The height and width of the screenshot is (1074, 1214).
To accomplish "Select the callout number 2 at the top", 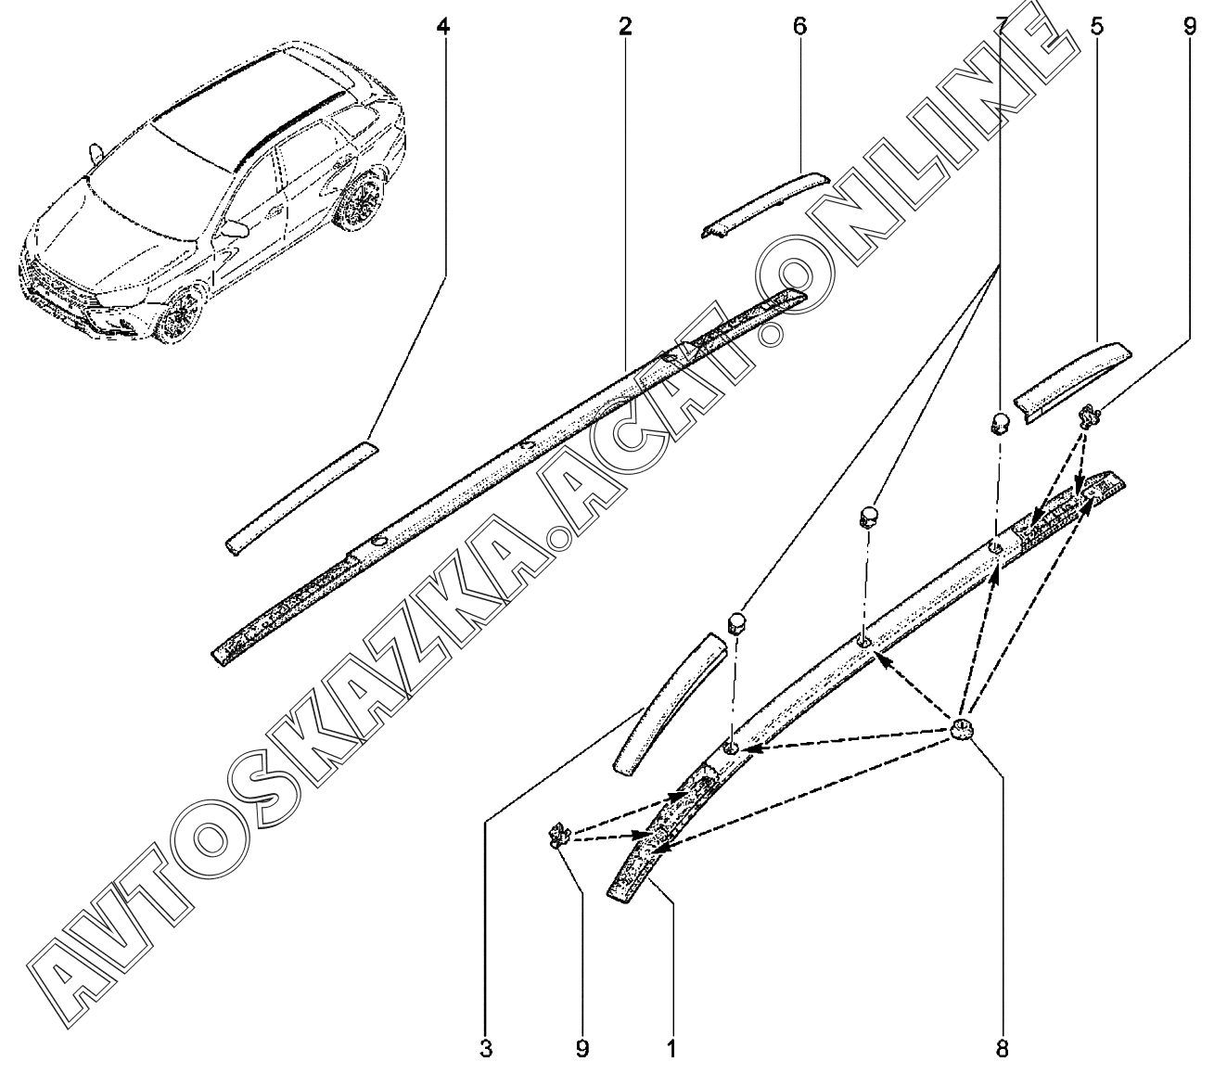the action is pyautogui.click(x=625, y=27).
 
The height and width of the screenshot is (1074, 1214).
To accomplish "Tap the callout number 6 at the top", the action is pyautogui.click(x=800, y=27).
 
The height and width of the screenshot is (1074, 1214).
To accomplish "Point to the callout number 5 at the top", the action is pyautogui.click(x=1097, y=27).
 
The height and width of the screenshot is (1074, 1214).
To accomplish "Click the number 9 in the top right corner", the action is pyautogui.click(x=1190, y=27).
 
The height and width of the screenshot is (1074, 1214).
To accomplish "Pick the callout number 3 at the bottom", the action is pyautogui.click(x=486, y=1048).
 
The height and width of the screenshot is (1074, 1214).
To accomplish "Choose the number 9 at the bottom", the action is pyautogui.click(x=581, y=1048).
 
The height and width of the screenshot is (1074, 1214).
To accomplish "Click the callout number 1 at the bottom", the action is pyautogui.click(x=671, y=1048).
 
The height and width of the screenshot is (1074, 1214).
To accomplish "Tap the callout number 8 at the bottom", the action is pyautogui.click(x=1003, y=1048).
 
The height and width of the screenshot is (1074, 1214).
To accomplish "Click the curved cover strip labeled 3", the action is pyautogui.click(x=668, y=704).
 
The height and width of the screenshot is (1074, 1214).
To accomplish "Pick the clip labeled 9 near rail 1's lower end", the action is pyautogui.click(x=557, y=835).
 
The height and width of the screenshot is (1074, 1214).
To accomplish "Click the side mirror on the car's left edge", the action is pyautogui.click(x=96, y=153).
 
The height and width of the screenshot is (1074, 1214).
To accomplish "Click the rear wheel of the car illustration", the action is pyautogui.click(x=361, y=200).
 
